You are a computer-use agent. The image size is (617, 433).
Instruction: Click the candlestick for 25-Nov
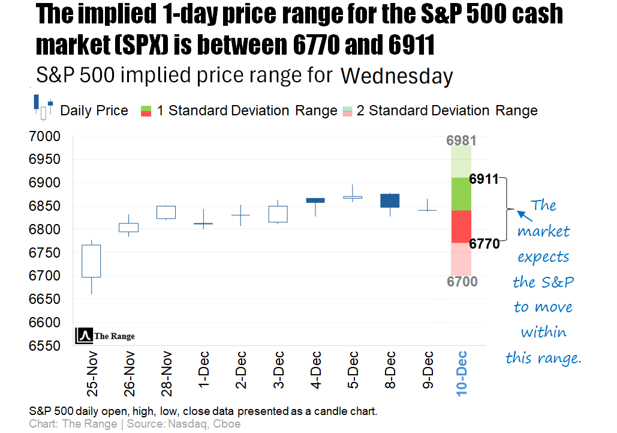click(x=91, y=261)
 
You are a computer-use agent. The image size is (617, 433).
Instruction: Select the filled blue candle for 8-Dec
click(x=389, y=201)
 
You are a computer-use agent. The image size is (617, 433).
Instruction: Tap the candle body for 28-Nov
click(x=166, y=212)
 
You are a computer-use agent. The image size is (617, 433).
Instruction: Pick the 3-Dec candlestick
click(x=278, y=214)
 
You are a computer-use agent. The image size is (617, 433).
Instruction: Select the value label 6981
click(x=462, y=141)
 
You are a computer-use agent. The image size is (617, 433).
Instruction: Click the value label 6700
click(x=462, y=281)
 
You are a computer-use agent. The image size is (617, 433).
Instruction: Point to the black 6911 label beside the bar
click(x=484, y=179)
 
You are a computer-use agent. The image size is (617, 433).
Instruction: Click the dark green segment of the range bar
click(x=462, y=194)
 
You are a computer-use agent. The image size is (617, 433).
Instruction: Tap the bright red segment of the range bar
click(x=462, y=226)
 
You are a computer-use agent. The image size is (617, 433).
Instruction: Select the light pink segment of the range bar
click(x=462, y=258)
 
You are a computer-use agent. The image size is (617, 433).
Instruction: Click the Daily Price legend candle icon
click(x=43, y=107)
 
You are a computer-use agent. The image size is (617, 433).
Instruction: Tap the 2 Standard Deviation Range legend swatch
click(x=347, y=111)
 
